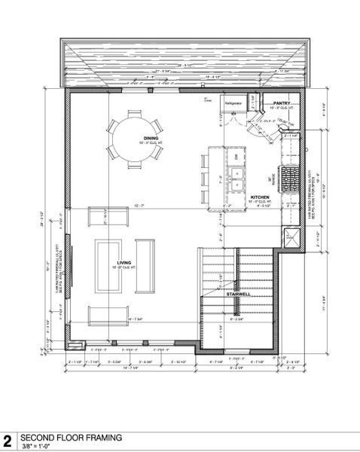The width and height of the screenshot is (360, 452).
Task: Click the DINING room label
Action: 150,138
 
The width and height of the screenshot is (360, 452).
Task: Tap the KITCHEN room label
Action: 261,197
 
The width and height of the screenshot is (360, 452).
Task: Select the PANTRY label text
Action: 282,103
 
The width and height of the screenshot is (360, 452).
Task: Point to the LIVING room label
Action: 125,262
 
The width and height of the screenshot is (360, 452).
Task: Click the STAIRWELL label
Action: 239,295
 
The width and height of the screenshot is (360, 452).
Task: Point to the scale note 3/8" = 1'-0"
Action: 37,445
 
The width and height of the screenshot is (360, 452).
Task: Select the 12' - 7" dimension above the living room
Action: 138,204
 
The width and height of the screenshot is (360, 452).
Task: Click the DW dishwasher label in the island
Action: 236,156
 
